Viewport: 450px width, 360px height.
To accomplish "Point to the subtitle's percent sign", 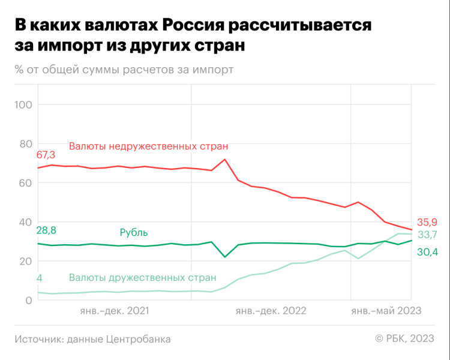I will point(19,70).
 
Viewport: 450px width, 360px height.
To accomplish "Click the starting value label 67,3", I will point(46,155).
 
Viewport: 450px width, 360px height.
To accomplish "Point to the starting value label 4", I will point(40,278).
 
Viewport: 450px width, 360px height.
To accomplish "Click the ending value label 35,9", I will point(426,221).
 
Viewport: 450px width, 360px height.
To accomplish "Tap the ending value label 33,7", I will point(426,235).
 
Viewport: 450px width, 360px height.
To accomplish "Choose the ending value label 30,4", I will point(427,253).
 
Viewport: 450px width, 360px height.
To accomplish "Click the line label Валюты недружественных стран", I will point(148,146).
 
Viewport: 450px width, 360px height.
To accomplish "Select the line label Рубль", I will point(134,233).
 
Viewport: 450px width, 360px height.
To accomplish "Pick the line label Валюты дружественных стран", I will point(142,278).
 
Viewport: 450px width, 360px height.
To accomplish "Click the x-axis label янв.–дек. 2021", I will point(114,311).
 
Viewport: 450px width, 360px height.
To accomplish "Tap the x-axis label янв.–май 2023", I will point(386,311).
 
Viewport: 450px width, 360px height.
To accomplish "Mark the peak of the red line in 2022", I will point(224,160).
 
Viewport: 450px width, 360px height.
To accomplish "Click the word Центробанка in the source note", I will point(137,339).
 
